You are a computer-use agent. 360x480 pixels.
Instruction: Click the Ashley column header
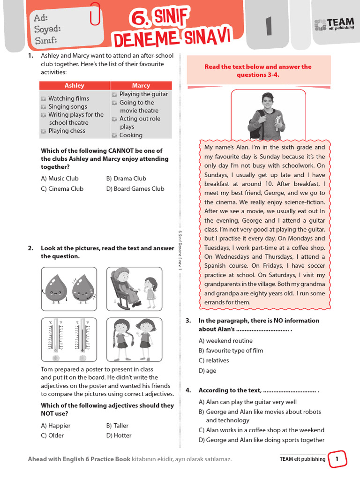[75, 85]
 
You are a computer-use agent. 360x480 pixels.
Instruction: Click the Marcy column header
[141, 85]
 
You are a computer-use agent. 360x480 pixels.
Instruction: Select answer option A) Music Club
[60, 178]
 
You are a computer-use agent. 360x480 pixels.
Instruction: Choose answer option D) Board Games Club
[135, 188]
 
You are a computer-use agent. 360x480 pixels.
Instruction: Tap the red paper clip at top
[96, 14]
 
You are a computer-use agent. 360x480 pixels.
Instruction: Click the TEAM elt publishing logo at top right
[334, 25]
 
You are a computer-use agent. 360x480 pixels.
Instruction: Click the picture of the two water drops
[69, 289]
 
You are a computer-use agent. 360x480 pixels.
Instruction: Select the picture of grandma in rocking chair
[134, 289]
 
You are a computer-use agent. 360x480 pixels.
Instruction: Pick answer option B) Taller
[117, 426]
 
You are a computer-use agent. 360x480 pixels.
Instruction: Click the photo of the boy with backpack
[268, 116]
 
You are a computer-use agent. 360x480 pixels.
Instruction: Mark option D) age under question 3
[207, 371]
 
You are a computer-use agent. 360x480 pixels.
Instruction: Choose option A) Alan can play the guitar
[247, 402]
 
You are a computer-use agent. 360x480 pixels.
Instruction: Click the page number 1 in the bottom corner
[337, 459]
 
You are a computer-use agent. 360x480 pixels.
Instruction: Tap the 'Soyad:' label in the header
[47, 29]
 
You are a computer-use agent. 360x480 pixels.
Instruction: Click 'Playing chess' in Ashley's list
[67, 131]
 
